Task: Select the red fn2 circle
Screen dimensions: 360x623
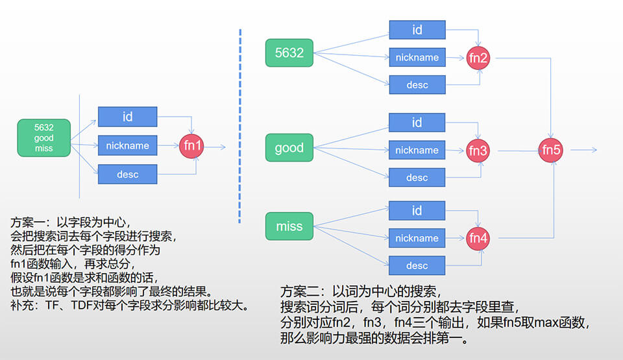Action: [478, 58]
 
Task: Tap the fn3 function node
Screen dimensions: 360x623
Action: [478, 150]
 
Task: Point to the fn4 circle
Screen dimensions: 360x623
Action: [478, 238]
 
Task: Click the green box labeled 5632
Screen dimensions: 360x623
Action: [289, 53]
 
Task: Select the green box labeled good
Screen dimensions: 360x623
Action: [289, 147]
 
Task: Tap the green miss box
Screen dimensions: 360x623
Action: [289, 226]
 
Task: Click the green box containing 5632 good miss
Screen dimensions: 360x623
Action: [44, 138]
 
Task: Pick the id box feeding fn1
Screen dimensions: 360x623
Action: [127, 117]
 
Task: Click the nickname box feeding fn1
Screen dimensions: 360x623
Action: [127, 145]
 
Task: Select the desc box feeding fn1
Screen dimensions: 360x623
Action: [127, 174]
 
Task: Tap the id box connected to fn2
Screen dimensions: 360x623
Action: [417, 30]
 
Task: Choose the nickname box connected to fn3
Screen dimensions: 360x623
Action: [417, 150]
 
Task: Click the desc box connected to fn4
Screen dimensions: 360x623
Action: [417, 265]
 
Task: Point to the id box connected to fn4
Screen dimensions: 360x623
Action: [417, 210]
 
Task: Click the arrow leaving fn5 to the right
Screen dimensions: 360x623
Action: [583, 150]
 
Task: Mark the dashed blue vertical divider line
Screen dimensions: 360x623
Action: [240, 123]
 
